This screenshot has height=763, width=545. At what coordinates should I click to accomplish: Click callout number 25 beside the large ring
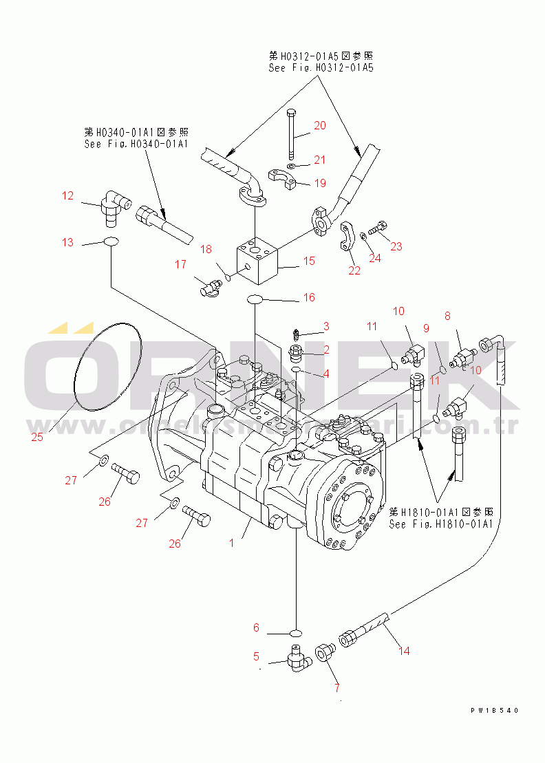click(37, 436)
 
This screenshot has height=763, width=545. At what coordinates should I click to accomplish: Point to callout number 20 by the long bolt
click(320, 125)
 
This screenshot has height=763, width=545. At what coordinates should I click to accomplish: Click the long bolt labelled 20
click(292, 133)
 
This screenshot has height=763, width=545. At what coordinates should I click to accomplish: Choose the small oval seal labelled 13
click(111, 241)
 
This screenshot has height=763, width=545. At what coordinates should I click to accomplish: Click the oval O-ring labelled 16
click(255, 299)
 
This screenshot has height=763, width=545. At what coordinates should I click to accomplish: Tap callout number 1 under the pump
click(232, 542)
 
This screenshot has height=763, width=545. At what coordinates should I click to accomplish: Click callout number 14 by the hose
click(403, 650)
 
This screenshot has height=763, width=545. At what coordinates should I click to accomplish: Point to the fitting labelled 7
click(324, 652)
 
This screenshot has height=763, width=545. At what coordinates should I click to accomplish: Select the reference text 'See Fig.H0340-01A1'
click(136, 143)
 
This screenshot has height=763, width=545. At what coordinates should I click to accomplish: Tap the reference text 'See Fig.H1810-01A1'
click(440, 524)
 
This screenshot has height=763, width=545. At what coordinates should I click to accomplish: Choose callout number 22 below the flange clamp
click(354, 270)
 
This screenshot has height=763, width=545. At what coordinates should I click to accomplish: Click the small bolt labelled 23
click(377, 225)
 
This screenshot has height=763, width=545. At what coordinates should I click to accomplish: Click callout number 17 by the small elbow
click(180, 264)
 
